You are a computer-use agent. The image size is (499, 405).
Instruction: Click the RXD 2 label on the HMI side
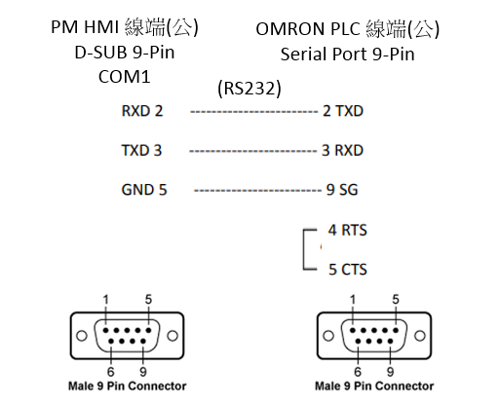pos(142,111)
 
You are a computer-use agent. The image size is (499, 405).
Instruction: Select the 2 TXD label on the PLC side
pos(343,111)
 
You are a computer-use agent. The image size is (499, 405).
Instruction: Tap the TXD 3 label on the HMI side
pos(141,151)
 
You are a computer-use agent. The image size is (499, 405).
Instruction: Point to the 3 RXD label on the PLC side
pos(342,151)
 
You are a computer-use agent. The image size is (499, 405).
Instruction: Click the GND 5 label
pos(144,190)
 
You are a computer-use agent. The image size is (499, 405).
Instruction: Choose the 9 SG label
pos(342,190)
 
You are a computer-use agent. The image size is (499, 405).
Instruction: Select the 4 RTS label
pos(348,230)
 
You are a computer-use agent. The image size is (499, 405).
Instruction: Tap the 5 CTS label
pos(348,270)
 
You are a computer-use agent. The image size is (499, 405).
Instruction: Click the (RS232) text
pos(249,88)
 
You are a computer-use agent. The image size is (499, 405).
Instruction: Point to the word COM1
pos(125,77)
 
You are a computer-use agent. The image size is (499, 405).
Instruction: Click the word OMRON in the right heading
pos(289,29)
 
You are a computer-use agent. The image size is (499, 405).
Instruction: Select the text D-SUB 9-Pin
pos(125,53)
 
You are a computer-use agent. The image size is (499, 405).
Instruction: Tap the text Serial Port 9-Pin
pos(347,54)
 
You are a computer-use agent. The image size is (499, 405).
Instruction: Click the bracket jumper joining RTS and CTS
pos(304,249)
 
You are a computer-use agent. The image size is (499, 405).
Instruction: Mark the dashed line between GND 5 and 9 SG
pos(257,190)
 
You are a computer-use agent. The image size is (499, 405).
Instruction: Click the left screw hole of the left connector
pos(82,336)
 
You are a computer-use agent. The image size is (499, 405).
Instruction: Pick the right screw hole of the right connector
pos(420,336)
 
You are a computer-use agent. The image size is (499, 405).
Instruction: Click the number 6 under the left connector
pos(111,372)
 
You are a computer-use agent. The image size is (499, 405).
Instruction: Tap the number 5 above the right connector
pos(396,299)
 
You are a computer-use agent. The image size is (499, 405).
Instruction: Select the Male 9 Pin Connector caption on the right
pos(374,387)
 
